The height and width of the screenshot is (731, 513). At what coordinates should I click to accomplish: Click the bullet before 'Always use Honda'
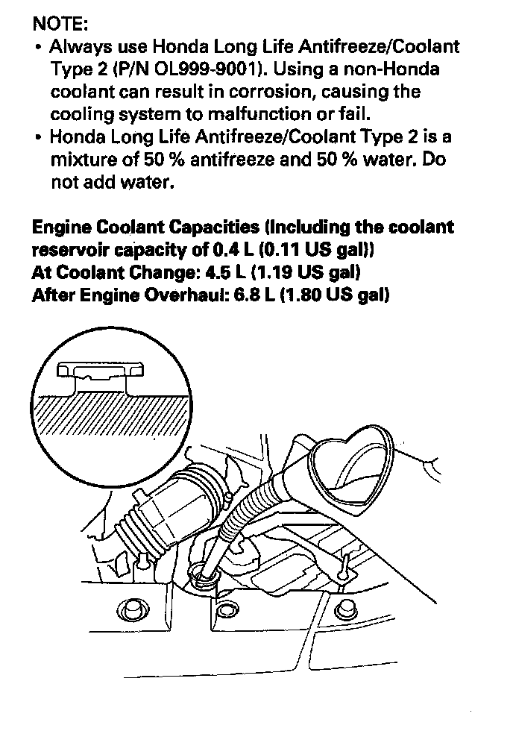click(x=39, y=47)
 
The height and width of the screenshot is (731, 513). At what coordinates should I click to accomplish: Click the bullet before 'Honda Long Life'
click(x=39, y=138)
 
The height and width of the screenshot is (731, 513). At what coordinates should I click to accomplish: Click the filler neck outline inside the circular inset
click(x=100, y=377)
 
